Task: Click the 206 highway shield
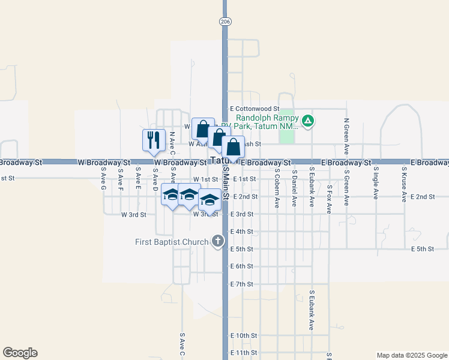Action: (224, 22)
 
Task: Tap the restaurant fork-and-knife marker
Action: (154, 140)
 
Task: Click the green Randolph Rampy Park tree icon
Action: (307, 121)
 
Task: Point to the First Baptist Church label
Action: (172, 242)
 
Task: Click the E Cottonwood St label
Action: (256, 109)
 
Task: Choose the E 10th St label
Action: (245, 335)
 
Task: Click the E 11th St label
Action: (245, 353)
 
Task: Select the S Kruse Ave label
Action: (404, 185)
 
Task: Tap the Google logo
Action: (20, 353)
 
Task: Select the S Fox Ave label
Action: (329, 199)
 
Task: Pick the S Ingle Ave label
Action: (376, 186)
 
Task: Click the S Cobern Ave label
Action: (277, 188)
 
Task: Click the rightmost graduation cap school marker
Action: (210, 199)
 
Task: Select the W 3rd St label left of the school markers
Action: (134, 214)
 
